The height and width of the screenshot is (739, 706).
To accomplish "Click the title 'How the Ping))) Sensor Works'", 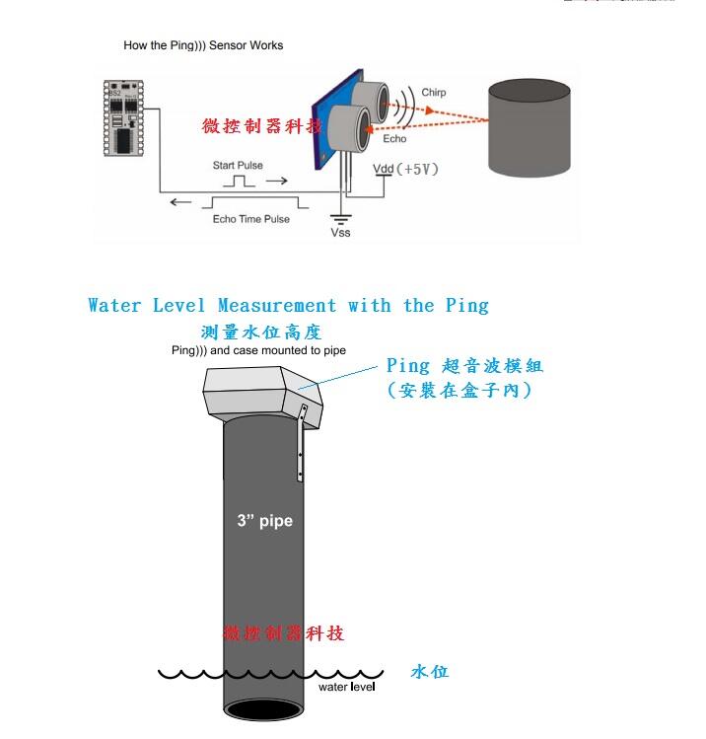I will click(x=203, y=45).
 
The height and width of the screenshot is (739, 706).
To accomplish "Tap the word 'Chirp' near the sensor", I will click(x=433, y=93).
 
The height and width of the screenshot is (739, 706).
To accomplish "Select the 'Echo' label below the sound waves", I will click(x=394, y=139).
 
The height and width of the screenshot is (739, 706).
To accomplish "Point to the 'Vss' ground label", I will click(x=340, y=233).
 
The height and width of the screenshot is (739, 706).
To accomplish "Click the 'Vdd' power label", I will click(x=384, y=169).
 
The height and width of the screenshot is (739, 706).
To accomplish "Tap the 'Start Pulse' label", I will click(x=238, y=166).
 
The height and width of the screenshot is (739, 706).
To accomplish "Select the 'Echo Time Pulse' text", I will click(x=251, y=219).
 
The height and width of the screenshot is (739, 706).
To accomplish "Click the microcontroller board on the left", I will click(x=124, y=117).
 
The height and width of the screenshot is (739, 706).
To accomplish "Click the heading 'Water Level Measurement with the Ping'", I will click(x=288, y=306).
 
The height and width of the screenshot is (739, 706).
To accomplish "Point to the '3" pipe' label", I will click(x=264, y=520).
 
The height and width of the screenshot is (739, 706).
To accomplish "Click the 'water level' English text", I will click(x=346, y=687).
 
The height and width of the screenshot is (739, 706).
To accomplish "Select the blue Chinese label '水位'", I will click(x=429, y=672).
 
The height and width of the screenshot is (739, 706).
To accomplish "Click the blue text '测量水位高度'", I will click(x=261, y=333).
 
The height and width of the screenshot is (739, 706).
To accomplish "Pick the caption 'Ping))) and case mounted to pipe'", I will click(x=258, y=350).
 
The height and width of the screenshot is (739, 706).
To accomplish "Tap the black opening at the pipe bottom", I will click(x=263, y=709).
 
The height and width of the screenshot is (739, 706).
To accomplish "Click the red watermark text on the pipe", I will click(x=284, y=632).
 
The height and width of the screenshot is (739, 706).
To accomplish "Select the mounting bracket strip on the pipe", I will click(x=301, y=444).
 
